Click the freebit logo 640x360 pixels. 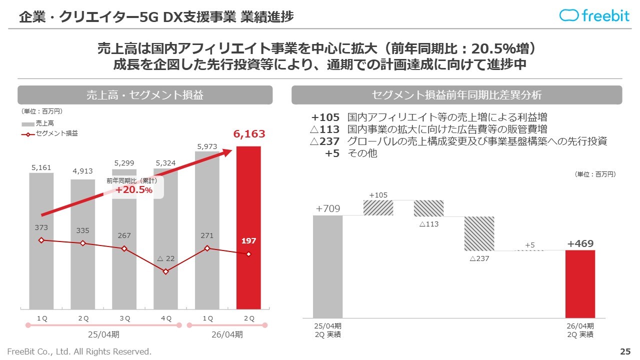point(594,15)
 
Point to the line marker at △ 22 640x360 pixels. point(166,271)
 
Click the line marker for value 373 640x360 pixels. point(41,240)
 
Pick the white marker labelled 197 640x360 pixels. point(248,254)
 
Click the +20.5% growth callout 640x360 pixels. point(134,189)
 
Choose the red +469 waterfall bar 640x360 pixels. point(580,283)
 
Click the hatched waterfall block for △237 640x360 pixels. point(479,233)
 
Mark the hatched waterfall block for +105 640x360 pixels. point(378,208)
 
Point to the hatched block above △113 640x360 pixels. point(428,208)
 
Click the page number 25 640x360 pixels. point(625,351)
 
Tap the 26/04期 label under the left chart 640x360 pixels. point(227,334)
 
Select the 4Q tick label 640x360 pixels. point(166,318)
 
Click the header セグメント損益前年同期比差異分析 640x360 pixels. point(456,95)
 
